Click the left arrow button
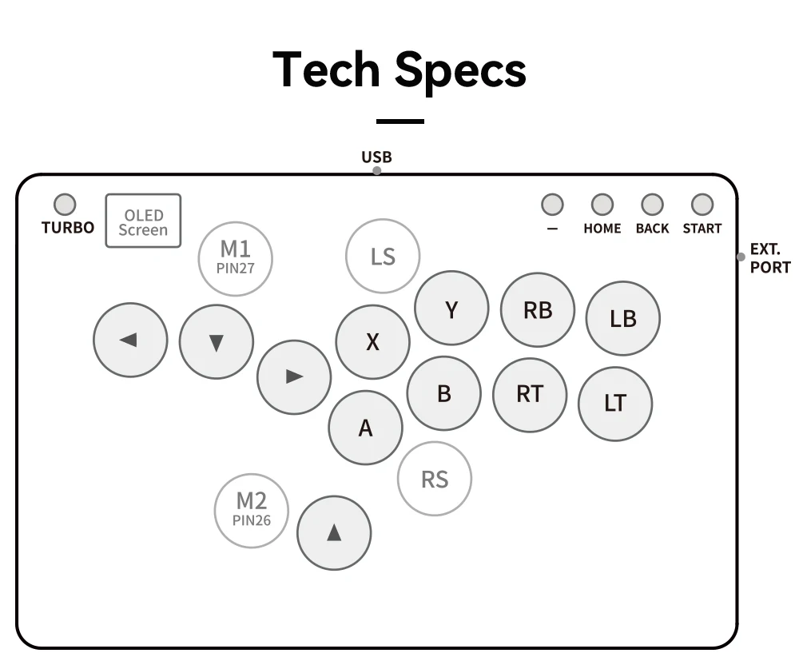(x=130, y=340)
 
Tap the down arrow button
(x=216, y=341)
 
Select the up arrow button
(x=334, y=533)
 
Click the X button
(x=372, y=342)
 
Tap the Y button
(x=451, y=309)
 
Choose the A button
(x=365, y=428)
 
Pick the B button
(x=444, y=393)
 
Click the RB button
(x=538, y=309)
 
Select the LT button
(x=615, y=403)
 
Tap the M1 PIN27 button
(x=236, y=258)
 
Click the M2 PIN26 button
(x=252, y=510)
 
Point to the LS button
(x=383, y=257)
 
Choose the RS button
(x=435, y=480)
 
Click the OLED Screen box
(x=143, y=221)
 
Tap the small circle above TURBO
(x=65, y=205)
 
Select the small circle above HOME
(x=602, y=205)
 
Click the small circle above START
(x=702, y=205)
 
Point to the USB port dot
(x=377, y=171)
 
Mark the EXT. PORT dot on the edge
(x=741, y=257)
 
